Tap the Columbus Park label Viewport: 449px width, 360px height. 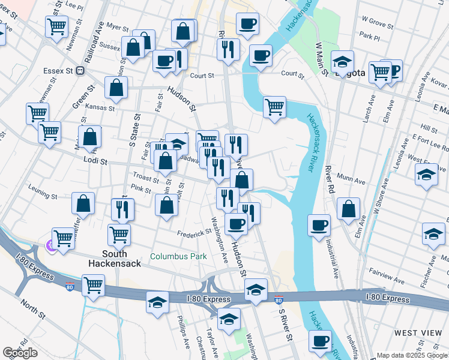click(x=178, y=256)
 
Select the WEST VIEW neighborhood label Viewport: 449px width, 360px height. click(x=418, y=332)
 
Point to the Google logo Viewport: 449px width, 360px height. click(x=20, y=353)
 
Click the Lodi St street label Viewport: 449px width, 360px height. click(x=95, y=161)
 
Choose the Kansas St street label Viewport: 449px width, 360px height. click(x=100, y=108)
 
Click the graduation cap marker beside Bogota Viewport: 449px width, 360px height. click(x=342, y=61)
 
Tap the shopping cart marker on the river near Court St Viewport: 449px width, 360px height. click(x=274, y=107)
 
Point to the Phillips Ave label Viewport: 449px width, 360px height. click(x=183, y=335)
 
